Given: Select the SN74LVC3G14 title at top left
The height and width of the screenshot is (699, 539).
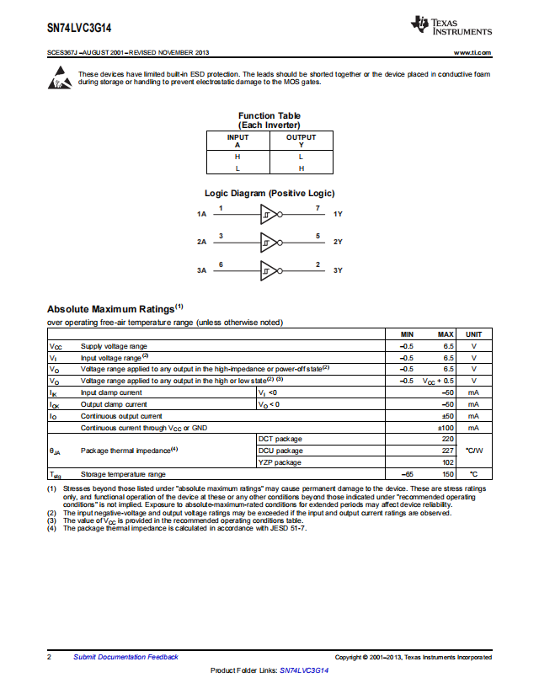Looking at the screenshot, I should click(80, 28).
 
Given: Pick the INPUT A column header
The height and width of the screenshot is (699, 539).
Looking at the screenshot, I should click(237, 141).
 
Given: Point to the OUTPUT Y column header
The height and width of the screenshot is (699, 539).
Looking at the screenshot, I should click(301, 141).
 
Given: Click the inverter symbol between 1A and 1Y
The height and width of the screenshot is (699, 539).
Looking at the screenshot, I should click(269, 214).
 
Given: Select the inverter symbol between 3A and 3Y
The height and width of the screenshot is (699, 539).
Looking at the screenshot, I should click(269, 271).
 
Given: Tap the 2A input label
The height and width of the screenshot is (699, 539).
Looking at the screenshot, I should click(201, 243).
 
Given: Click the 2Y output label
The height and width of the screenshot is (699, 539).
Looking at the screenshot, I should click(338, 243).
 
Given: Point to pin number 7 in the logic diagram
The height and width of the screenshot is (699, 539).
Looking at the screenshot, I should click(318, 207).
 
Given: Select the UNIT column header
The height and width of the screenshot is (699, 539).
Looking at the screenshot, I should click(473, 334).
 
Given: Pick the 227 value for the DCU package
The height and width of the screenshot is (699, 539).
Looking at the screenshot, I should click(447, 451).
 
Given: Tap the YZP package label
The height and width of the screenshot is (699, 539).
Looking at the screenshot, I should click(280, 462).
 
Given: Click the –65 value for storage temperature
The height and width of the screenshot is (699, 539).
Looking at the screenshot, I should click(407, 475).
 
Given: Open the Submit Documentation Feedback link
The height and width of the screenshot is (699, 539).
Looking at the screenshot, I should click(125, 657).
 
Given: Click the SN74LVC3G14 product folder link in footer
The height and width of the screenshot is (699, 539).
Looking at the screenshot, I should click(303, 670).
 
